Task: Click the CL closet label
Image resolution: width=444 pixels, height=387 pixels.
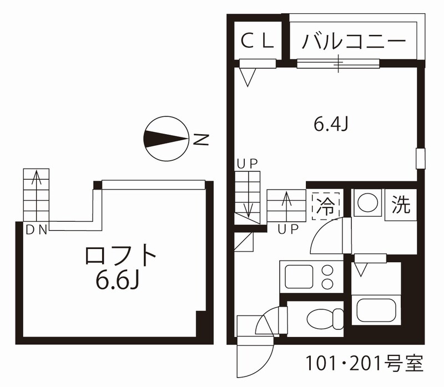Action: [257, 40]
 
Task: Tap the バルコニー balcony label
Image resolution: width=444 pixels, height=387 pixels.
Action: [354, 42]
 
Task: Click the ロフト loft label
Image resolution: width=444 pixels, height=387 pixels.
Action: [120, 256]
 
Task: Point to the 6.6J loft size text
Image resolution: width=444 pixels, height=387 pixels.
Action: [118, 281]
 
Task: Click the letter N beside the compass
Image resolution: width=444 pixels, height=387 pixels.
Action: [201, 139]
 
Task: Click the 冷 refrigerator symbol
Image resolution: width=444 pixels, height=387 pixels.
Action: [326, 206]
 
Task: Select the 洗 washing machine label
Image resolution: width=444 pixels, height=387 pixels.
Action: [400, 205]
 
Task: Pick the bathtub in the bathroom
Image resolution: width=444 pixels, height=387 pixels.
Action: [376, 310]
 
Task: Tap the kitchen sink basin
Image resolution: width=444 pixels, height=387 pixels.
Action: [299, 276]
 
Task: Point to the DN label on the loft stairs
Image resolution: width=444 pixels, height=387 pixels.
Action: [36, 230]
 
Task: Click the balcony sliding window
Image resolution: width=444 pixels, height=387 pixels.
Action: [338, 64]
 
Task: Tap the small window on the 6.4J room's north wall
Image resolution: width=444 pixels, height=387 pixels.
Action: [421, 159]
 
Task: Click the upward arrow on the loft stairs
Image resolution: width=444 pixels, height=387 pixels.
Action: [36, 196]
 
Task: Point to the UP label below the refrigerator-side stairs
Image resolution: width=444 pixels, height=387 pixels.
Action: [288, 230]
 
